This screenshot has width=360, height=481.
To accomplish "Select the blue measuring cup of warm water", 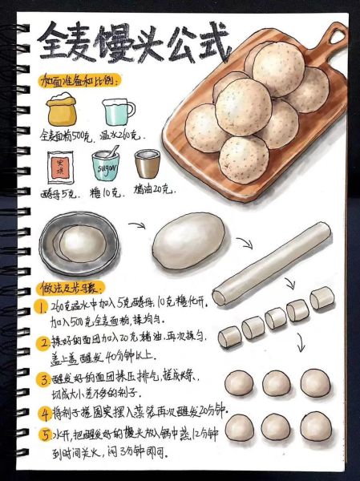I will [118, 111].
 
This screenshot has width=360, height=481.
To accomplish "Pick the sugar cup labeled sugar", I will [106, 164].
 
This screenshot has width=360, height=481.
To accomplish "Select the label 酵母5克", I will [59, 192].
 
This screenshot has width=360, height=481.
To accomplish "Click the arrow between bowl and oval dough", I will [137, 227].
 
